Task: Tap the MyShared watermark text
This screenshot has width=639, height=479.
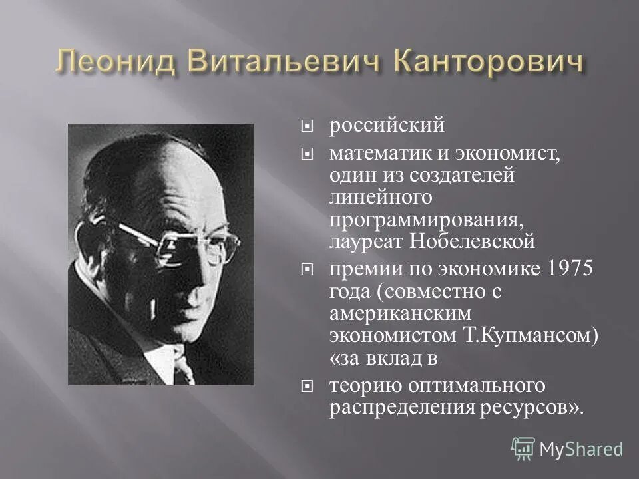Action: coord(580,448)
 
